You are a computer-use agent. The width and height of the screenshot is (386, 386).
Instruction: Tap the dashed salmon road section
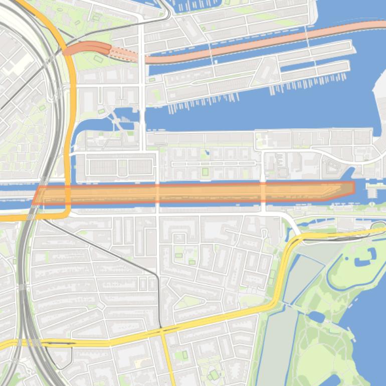tap(125, 55)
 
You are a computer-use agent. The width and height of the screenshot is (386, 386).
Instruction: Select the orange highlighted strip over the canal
tap(201, 193)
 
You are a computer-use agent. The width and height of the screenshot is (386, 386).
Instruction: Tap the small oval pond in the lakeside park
tap(317, 317)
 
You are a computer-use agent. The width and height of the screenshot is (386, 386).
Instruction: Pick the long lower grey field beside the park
tap(276, 346)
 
